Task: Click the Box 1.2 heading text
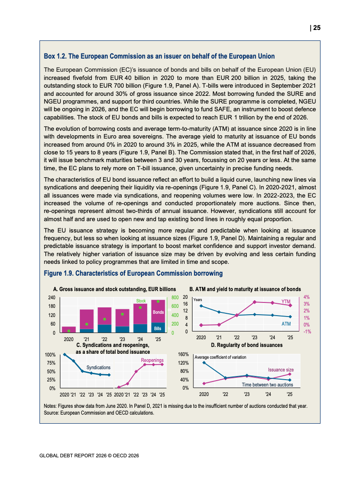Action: click(x=159, y=56)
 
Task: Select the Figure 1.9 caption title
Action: click(x=133, y=273)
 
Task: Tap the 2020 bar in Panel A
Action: click(x=69, y=330)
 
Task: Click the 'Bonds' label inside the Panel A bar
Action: click(x=158, y=312)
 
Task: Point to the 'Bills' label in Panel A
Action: click(x=158, y=328)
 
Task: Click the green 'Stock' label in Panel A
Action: click(x=141, y=301)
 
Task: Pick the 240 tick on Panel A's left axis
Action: click(x=52, y=297)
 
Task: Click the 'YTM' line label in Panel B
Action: click(x=286, y=301)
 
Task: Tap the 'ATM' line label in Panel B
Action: click(x=286, y=324)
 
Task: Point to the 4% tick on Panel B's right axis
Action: click(x=307, y=297)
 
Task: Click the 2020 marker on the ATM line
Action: click(x=201, y=306)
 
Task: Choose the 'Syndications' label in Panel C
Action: click(x=99, y=367)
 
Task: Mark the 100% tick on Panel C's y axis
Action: click(x=50, y=355)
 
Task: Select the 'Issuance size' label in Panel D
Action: click(x=281, y=370)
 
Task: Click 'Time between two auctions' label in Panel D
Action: click(x=267, y=385)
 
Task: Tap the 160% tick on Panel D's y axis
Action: click(x=183, y=354)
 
